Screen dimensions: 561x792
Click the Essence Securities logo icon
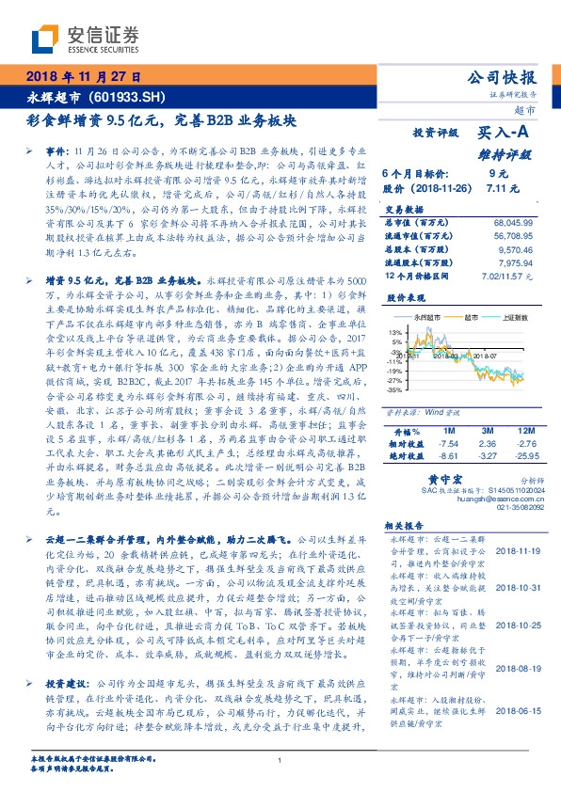(x=44, y=38)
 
